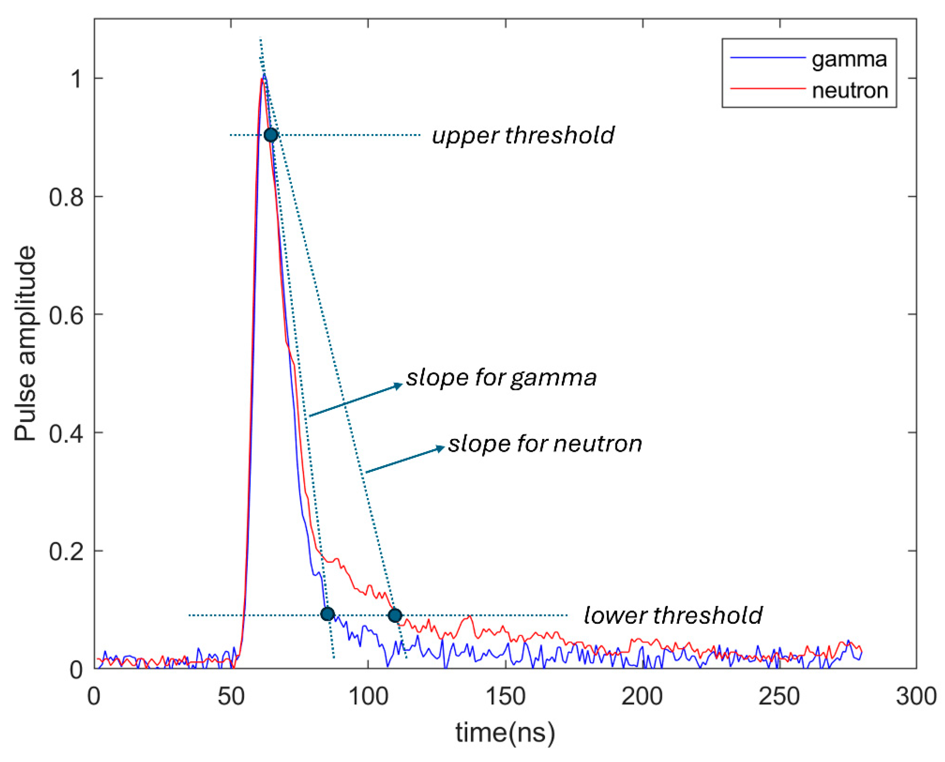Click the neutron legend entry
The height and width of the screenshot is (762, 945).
(x=849, y=90)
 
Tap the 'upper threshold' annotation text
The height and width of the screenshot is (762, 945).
(x=523, y=135)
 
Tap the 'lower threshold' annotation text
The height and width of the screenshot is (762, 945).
(x=673, y=615)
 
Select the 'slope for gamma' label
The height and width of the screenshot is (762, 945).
(x=501, y=377)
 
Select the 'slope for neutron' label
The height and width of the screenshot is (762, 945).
(x=545, y=443)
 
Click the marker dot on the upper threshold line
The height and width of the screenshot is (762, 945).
(x=271, y=135)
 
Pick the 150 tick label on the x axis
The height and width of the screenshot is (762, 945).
(x=505, y=696)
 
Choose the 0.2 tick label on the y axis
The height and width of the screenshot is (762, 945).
(x=66, y=551)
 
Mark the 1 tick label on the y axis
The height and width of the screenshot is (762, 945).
(x=76, y=79)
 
